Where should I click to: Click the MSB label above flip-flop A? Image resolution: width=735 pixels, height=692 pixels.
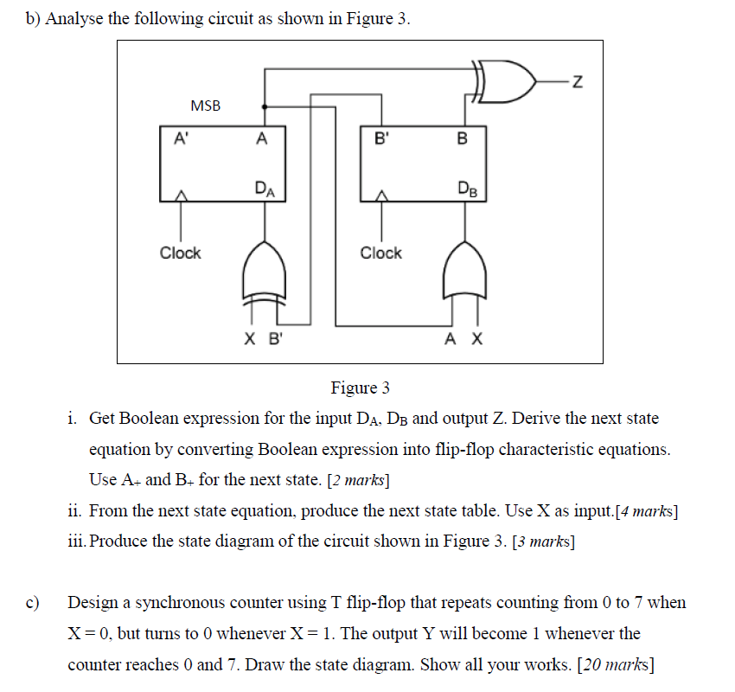tap(205, 106)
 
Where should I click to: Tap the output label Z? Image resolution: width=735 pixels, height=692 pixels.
tap(578, 83)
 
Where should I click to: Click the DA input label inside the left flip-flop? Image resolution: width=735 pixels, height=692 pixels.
tap(265, 189)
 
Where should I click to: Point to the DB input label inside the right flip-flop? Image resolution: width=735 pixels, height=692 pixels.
tap(465, 189)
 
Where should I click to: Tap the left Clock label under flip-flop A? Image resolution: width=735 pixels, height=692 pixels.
tap(180, 253)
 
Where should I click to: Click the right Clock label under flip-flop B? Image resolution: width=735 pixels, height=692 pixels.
tap(380, 253)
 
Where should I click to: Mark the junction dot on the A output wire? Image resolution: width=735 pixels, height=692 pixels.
tap(264, 107)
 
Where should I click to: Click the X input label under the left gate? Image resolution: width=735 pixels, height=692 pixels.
tap(249, 340)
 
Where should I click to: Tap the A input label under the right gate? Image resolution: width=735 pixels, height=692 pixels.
tap(451, 340)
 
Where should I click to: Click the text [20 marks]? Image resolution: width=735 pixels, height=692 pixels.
tap(615, 664)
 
